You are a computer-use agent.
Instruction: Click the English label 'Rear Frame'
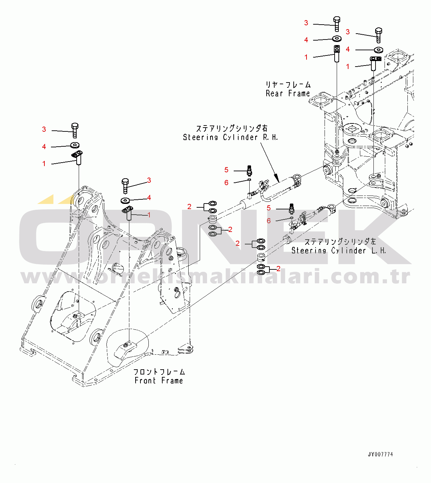pos(288,93)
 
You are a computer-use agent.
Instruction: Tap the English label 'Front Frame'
pos(159,380)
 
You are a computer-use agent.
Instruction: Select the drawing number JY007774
pos(380,454)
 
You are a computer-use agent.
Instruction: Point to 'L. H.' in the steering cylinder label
pos(379,251)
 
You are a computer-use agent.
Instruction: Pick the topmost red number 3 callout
pos(306,23)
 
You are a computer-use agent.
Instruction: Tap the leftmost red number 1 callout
pos(44,164)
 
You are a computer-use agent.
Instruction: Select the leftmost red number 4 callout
pos(44,147)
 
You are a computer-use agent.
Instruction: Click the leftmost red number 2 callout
pos(189,207)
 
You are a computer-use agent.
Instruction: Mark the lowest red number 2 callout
pos(278,269)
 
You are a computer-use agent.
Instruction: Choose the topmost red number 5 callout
pos(226,170)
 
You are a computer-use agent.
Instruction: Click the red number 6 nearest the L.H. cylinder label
pos(269,221)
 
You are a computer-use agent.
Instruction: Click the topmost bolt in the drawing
pos(337,24)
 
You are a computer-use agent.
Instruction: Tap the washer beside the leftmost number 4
pos(75,145)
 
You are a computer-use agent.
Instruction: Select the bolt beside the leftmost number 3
pos(75,130)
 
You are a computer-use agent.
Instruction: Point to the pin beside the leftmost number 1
pos(77,157)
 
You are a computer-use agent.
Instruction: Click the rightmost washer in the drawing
pos(379,50)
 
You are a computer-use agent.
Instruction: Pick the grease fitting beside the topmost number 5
pos(249,171)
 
